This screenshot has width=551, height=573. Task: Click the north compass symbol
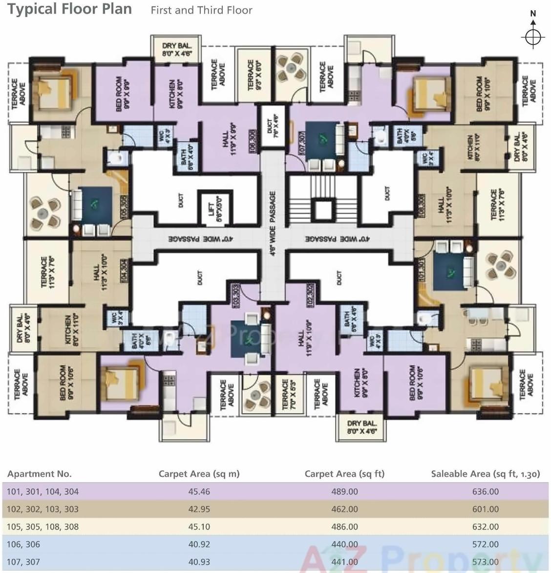point(533,36)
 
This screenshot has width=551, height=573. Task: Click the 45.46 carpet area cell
point(199,491)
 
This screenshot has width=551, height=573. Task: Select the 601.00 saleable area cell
point(485,509)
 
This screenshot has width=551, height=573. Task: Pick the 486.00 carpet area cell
point(344,527)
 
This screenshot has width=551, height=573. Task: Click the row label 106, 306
point(23,544)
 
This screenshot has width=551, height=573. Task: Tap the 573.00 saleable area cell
point(485,562)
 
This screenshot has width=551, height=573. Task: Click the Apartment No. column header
point(40,473)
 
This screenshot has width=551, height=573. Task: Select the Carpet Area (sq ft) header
point(344,473)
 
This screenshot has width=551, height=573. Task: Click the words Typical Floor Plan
point(70,9)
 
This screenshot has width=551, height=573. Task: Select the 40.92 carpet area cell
point(199,544)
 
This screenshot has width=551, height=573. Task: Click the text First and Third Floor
point(201,10)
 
